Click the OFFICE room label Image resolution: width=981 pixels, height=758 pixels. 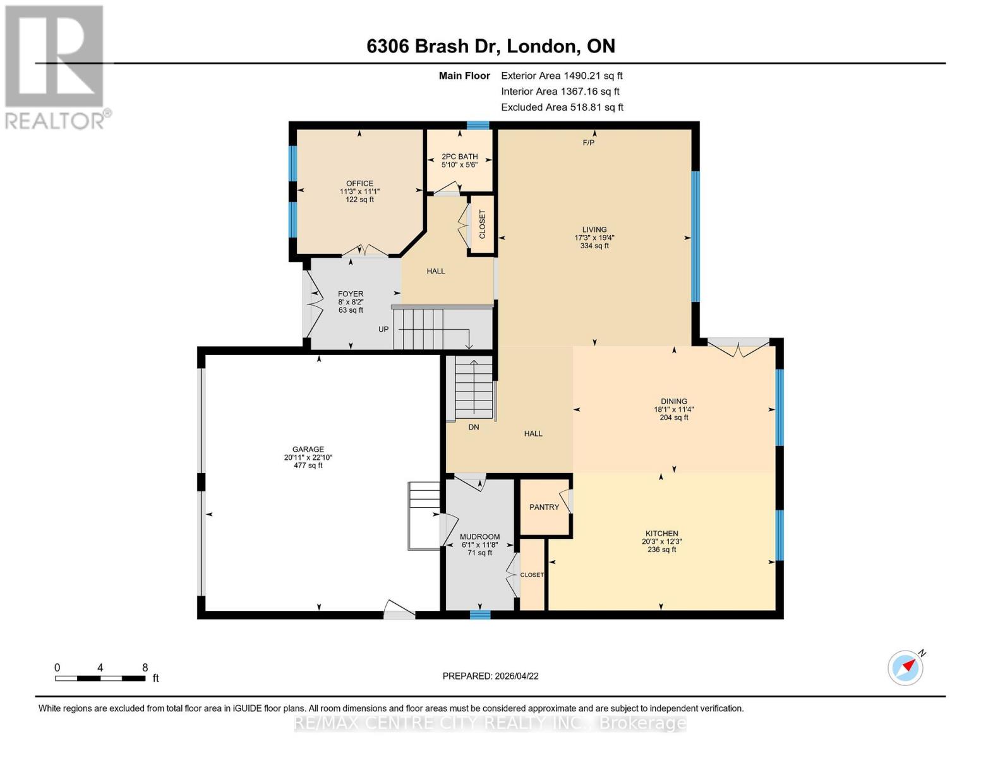pyautogui.click(x=359, y=183)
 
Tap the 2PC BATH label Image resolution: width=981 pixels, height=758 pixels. pyautogui.click(x=459, y=157)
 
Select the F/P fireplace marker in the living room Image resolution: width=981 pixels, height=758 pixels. pyautogui.click(x=589, y=143)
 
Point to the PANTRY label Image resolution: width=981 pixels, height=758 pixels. pyautogui.click(x=544, y=507)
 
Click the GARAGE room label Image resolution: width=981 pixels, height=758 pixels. pyautogui.click(x=308, y=450)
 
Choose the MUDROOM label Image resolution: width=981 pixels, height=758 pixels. pyautogui.click(x=479, y=537)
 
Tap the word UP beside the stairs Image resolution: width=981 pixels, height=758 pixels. pyautogui.click(x=383, y=329)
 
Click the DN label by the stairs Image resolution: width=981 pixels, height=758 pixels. pyautogui.click(x=474, y=427)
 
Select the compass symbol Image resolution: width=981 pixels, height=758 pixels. pyautogui.click(x=905, y=667)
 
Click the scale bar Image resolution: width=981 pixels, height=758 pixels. pyautogui.click(x=100, y=678)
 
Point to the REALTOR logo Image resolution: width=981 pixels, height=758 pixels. pyautogui.click(x=55, y=66)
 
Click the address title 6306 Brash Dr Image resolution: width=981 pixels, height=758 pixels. pyautogui.click(x=490, y=46)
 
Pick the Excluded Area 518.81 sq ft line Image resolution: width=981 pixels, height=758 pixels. pyautogui.click(x=562, y=107)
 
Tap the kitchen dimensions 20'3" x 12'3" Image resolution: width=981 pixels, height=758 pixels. pyautogui.click(x=661, y=541)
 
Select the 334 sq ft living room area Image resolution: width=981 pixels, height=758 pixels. pyautogui.click(x=594, y=246)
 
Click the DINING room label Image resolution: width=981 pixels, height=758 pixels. pyautogui.click(x=673, y=401)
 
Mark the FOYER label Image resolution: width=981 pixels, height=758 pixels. pyautogui.click(x=351, y=294)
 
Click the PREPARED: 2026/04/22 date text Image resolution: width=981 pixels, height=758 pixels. pyautogui.click(x=490, y=676)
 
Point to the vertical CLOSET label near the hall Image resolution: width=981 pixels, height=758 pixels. pyautogui.click(x=483, y=224)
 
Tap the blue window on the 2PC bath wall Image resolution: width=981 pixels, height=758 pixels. pyautogui.click(x=478, y=125)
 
